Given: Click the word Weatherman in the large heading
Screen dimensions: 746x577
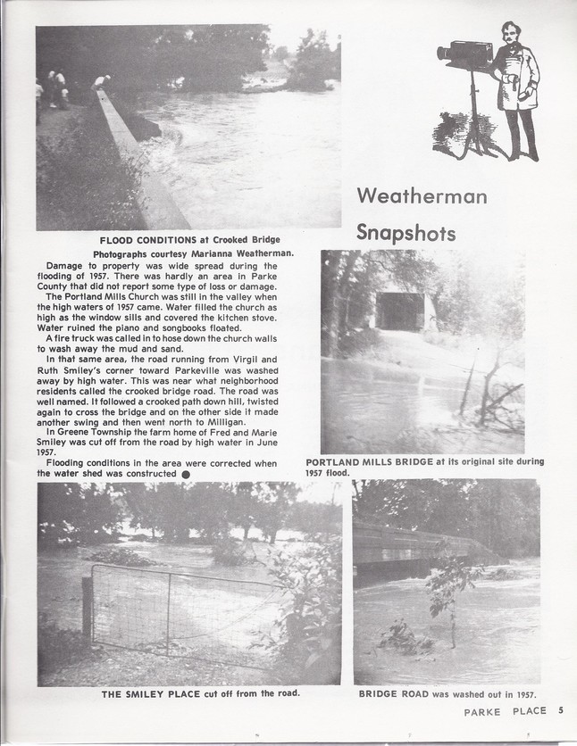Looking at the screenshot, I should click(x=422, y=195).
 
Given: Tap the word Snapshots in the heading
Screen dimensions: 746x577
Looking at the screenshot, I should click(x=406, y=233).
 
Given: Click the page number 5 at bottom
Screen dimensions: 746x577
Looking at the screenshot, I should click(x=561, y=711).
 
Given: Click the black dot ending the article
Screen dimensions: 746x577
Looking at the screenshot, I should click(x=186, y=475).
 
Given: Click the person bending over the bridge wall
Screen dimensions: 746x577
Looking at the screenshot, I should click(x=103, y=82).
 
